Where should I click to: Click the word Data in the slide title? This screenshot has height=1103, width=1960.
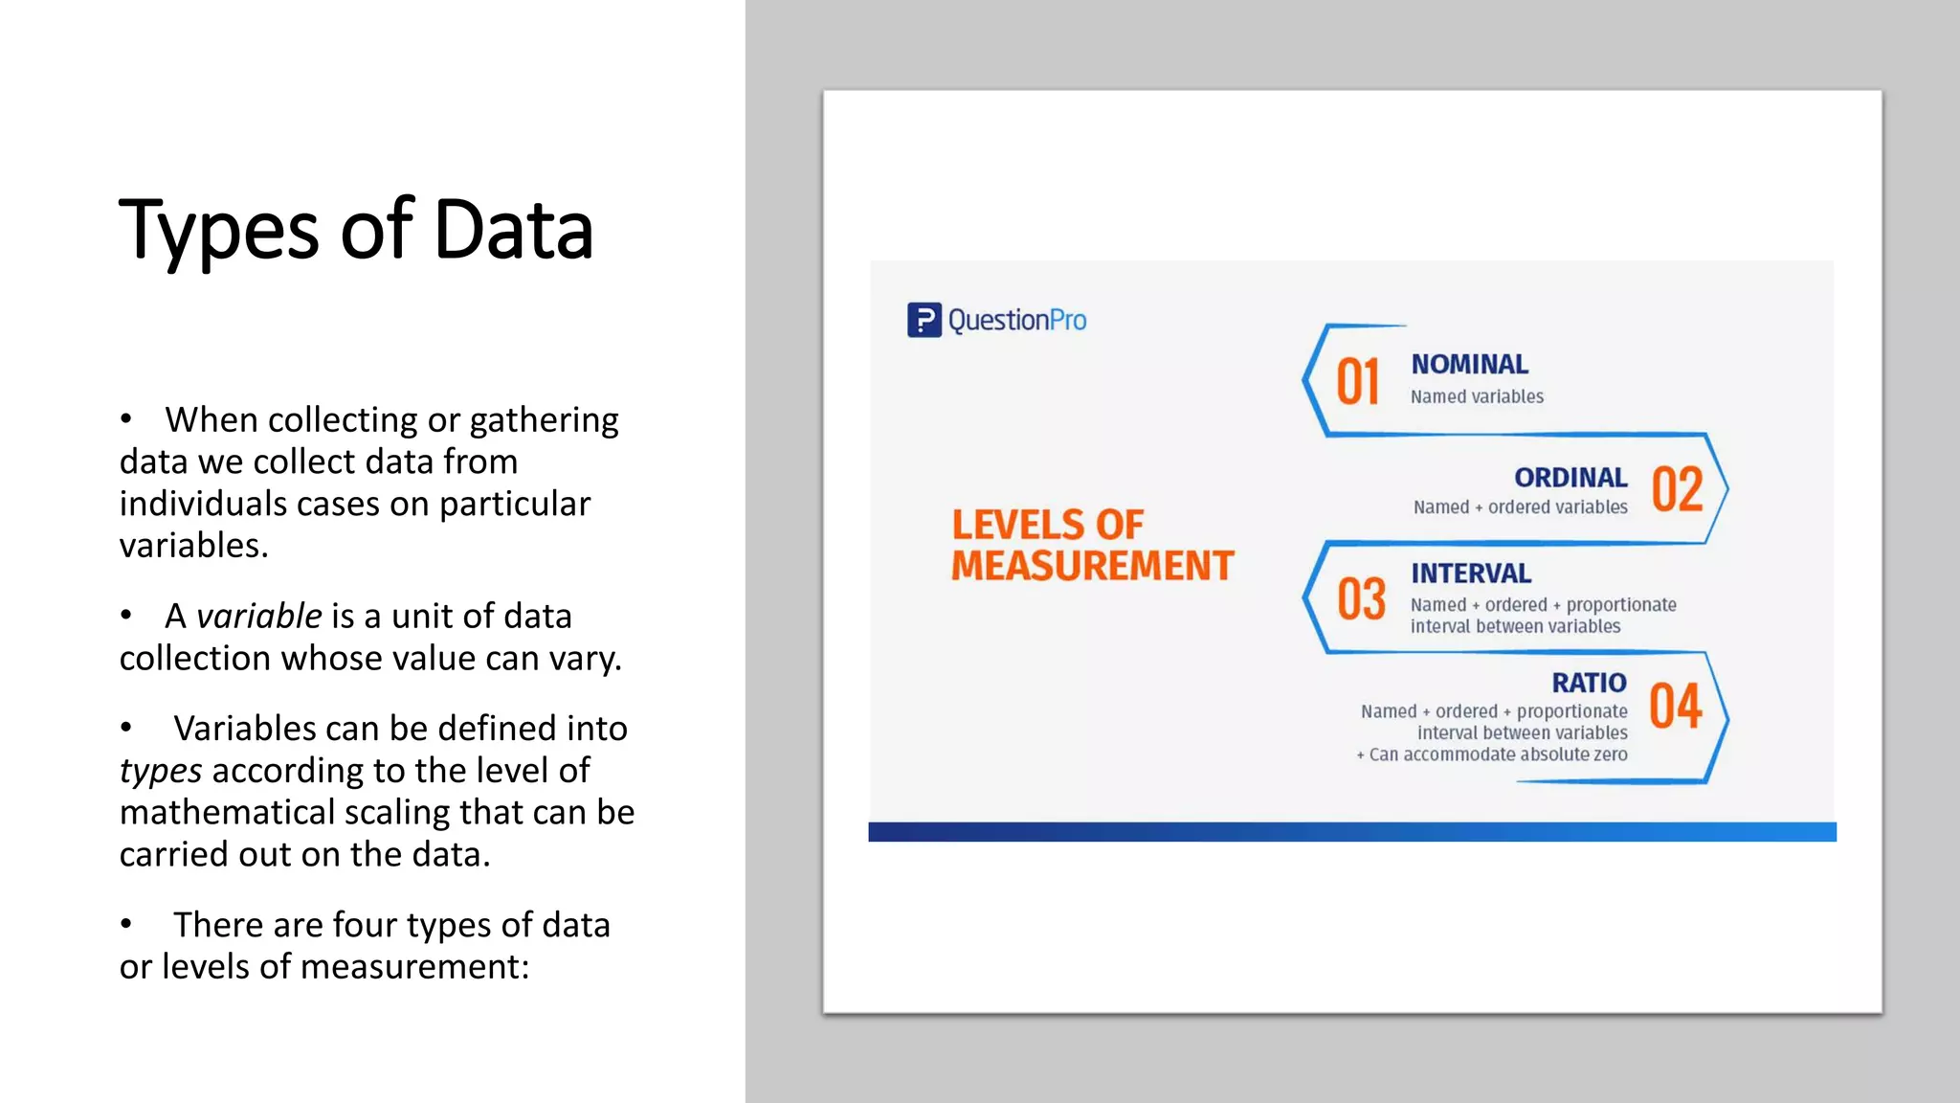click(x=513, y=230)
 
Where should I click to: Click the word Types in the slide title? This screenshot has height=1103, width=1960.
click(x=218, y=232)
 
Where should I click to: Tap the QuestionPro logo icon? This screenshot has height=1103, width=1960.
click(x=924, y=320)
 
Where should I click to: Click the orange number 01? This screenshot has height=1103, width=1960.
click(x=1357, y=383)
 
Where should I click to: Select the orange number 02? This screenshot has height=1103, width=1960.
click(x=1677, y=489)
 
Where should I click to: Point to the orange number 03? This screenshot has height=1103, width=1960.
click(x=1361, y=599)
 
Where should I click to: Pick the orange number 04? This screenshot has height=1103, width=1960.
click(x=1676, y=707)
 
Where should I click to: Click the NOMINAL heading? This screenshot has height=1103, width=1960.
click(x=1469, y=365)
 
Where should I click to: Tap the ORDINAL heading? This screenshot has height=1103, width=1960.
click(x=1570, y=478)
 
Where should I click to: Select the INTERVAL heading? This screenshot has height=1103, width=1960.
click(x=1470, y=574)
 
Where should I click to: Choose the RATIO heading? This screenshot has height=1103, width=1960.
click(x=1589, y=683)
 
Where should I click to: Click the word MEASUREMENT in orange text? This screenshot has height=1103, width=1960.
click(x=1092, y=566)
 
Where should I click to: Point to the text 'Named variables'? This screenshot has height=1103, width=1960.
click(x=1476, y=396)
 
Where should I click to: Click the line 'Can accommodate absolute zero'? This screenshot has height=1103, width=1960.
click(x=1497, y=754)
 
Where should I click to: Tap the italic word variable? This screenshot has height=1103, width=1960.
click(x=258, y=617)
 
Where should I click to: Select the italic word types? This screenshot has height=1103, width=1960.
click(x=160, y=771)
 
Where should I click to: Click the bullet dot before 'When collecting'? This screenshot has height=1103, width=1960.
click(x=126, y=419)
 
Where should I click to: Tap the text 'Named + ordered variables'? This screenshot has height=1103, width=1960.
click(x=1520, y=507)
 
